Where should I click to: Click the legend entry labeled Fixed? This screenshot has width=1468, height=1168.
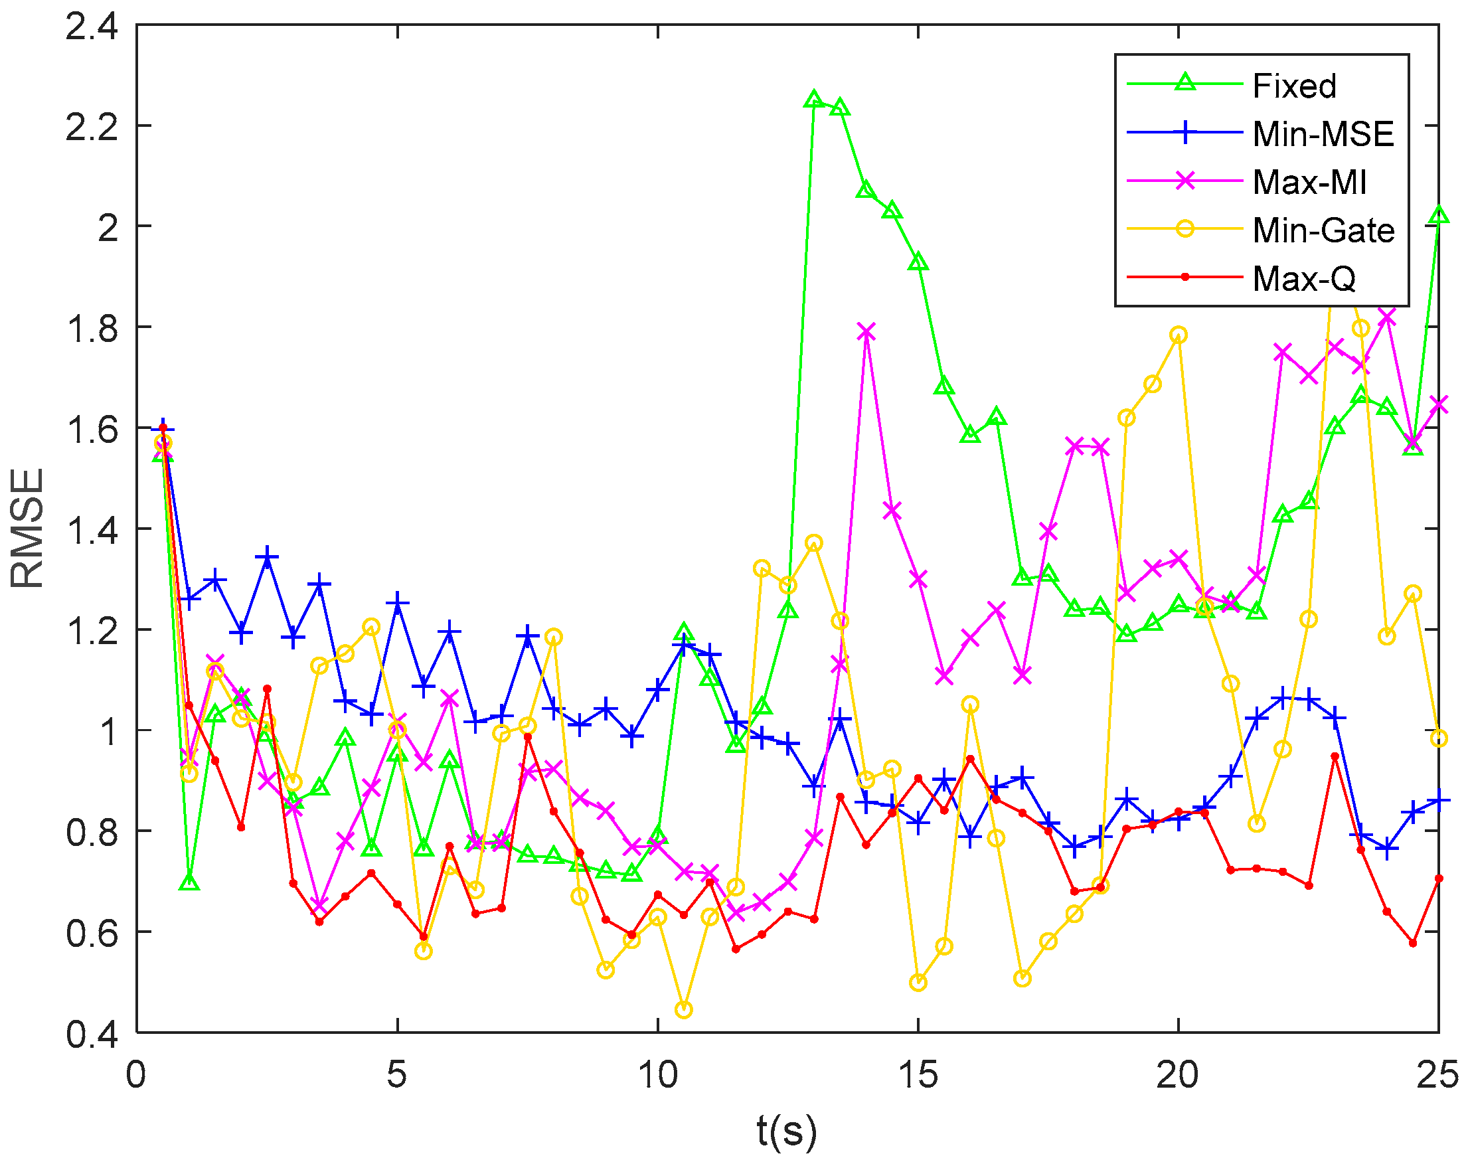click(x=1293, y=86)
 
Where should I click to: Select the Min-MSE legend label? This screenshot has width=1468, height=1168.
click(x=1323, y=134)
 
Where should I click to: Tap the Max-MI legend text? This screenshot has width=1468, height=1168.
click(x=1309, y=183)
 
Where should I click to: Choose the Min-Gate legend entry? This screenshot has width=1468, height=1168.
click(x=1323, y=231)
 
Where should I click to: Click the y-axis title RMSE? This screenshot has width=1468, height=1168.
click(x=27, y=528)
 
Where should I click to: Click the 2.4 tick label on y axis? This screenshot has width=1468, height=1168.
click(x=91, y=28)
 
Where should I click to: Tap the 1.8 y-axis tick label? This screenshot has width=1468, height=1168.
click(x=91, y=329)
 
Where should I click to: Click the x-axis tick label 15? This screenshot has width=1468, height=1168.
click(x=918, y=1074)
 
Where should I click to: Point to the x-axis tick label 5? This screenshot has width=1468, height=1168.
click(x=397, y=1074)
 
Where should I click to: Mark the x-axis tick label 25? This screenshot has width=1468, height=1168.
click(x=1437, y=1074)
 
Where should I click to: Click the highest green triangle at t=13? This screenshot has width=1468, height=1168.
click(x=813, y=100)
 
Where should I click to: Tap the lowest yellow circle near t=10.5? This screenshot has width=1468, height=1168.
click(x=684, y=1009)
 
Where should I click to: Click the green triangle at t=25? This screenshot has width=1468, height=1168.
click(x=1439, y=215)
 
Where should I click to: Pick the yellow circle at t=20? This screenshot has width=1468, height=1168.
click(x=1179, y=335)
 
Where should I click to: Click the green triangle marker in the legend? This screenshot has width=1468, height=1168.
click(x=1185, y=83)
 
